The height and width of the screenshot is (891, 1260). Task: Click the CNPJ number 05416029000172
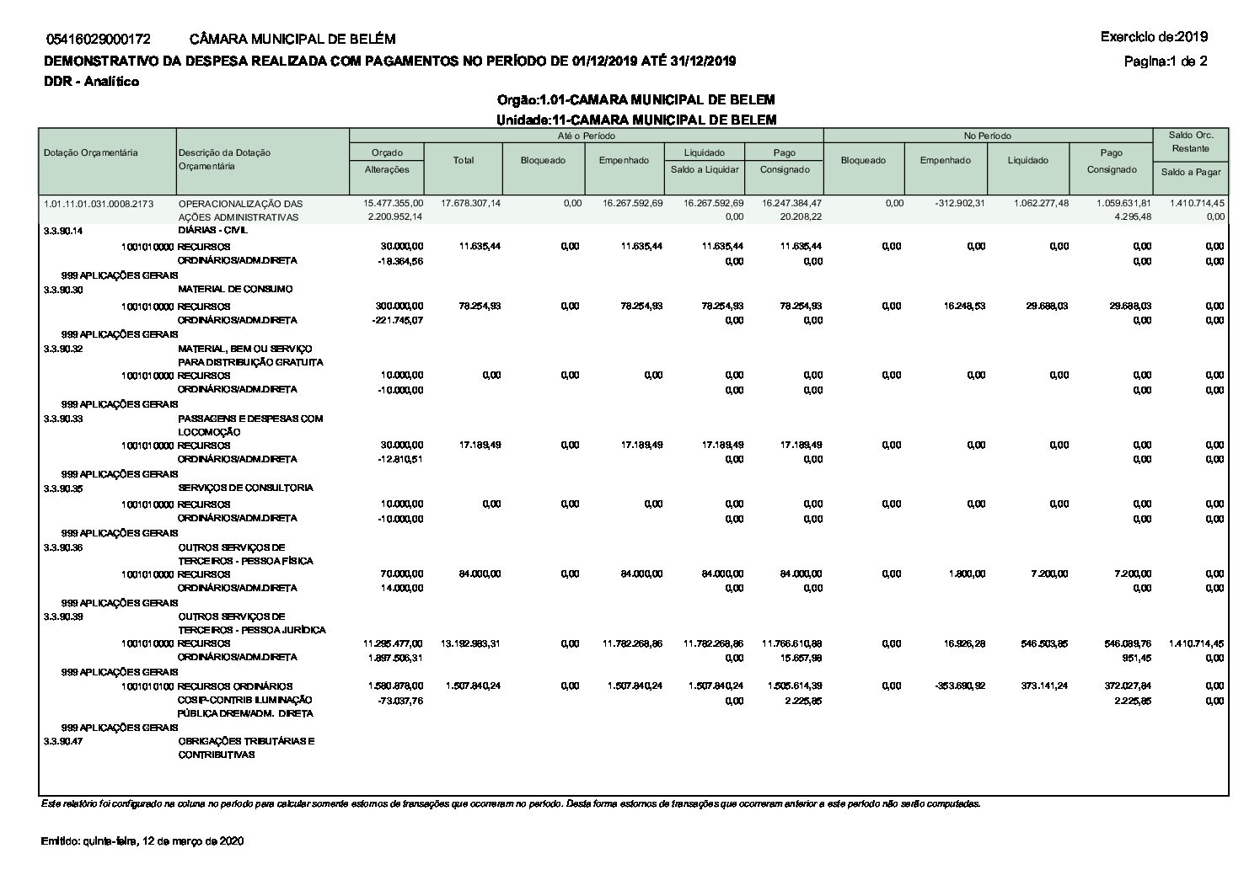pos(99,39)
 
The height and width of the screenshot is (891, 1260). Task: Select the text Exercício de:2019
pos(1154,37)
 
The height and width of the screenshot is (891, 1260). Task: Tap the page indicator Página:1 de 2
pos(1166,61)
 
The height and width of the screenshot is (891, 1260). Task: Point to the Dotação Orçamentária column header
pos(91,152)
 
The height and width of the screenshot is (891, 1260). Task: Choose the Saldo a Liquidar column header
pos(705,169)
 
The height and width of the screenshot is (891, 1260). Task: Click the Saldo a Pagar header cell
pos(1190,172)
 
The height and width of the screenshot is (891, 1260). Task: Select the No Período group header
pos(987,136)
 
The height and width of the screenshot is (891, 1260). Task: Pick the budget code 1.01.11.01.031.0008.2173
pos(99,204)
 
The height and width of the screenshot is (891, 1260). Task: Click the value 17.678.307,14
pos(470,204)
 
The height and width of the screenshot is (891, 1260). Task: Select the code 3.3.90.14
pos(63,230)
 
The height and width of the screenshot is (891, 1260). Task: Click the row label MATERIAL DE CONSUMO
pos(235,289)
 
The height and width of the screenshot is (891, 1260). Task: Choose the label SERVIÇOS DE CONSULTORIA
pos(245,488)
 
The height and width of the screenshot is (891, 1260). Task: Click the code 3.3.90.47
pos(63,741)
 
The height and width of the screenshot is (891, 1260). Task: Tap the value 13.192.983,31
pos(470,643)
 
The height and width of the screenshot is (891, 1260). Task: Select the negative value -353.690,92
pos(957,686)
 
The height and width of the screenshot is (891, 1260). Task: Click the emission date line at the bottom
pos(142,841)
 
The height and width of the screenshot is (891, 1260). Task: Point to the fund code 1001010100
pos(147,686)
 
